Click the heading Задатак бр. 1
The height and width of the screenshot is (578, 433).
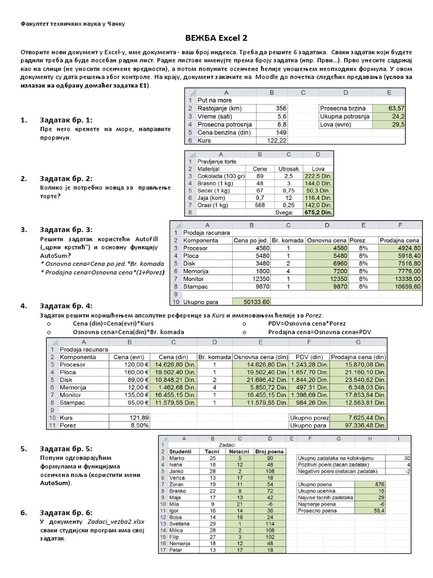coord(65,120)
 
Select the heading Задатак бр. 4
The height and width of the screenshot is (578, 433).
coord(65,305)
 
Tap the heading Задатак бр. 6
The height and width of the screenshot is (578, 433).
coord(65,512)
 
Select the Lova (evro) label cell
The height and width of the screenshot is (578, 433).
coord(334,124)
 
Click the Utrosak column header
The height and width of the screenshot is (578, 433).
coord(289,169)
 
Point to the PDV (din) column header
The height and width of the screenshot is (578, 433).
coord(308,357)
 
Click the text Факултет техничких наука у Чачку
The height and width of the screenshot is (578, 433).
coord(73,24)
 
